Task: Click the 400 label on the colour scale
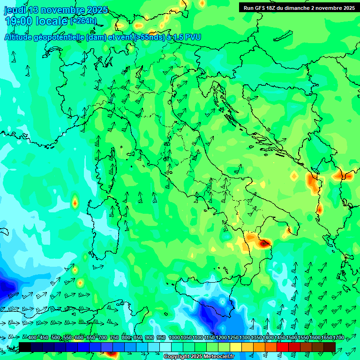(x=32, y=338)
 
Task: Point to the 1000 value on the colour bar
(x=174, y=338)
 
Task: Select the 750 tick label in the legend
(x=114, y=338)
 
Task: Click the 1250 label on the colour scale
(x=232, y=338)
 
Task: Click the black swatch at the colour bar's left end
(x=25, y=347)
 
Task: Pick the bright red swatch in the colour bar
(x=283, y=347)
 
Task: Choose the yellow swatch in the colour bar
(x=236, y=347)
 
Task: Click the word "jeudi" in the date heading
(x=15, y=10)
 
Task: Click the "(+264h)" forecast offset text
(x=83, y=21)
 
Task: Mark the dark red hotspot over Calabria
(x=264, y=243)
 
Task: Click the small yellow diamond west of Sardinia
(x=75, y=203)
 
